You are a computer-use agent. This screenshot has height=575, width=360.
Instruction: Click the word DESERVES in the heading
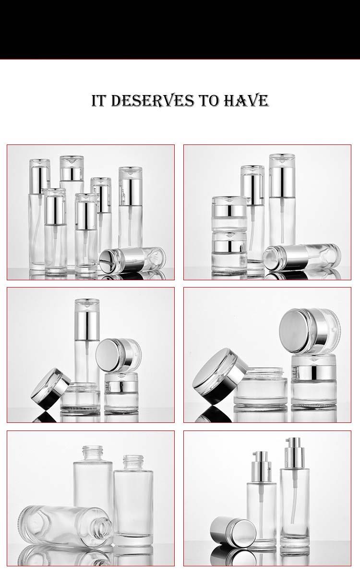(152, 101)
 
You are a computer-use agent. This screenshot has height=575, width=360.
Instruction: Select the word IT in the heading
(99, 101)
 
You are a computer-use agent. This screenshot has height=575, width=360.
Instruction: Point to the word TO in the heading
(209, 101)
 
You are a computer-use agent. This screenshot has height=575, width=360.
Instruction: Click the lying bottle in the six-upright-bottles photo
(132, 260)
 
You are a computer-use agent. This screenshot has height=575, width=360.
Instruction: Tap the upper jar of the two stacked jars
(229, 212)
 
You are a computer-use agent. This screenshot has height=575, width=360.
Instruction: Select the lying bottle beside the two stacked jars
(302, 257)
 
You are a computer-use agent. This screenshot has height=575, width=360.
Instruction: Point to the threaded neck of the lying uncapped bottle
(105, 529)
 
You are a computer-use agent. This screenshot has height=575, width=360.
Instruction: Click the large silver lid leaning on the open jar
(215, 376)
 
